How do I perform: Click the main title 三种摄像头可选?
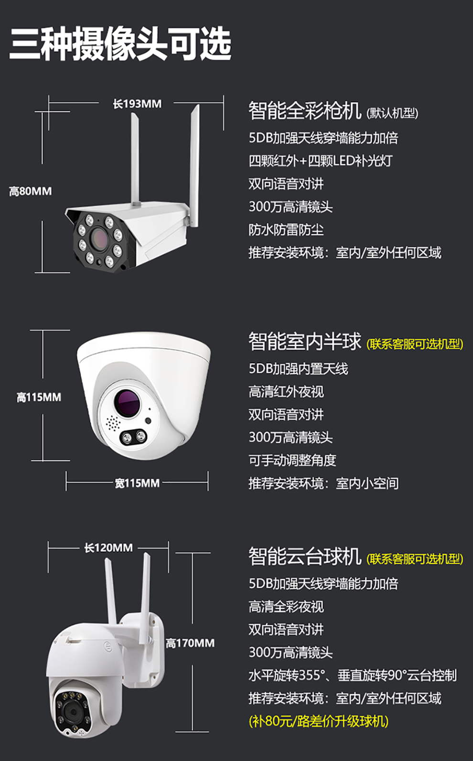tap(120, 44)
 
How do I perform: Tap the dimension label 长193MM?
tap(137, 104)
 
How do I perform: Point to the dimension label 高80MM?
tap(30, 191)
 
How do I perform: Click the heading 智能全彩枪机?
tap(305, 111)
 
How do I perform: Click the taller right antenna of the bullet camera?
tap(194, 166)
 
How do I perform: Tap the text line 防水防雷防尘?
tap(286, 230)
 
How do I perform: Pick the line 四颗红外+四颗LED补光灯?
tap(321, 161)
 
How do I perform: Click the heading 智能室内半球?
tap(305, 341)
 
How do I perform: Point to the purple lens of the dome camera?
tap(128, 402)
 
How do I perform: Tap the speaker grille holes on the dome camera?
tap(112, 423)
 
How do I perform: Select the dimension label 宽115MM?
tap(137, 483)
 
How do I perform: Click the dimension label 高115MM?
tap(39, 397)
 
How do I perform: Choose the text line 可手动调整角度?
tap(292, 461)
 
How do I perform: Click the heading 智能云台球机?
tap(305, 557)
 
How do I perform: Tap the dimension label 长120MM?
tap(108, 548)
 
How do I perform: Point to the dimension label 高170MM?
tap(190, 643)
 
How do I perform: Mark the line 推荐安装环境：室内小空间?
tap(323, 483)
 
